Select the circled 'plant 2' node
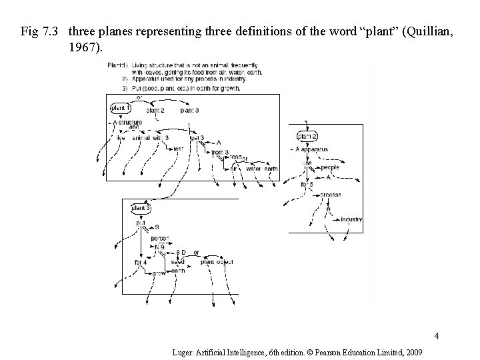click(307, 137)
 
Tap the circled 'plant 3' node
click(141, 209)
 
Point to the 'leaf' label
click(178, 149)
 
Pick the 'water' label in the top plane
click(253, 169)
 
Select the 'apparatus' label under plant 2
click(313, 150)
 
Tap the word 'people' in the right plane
click(329, 167)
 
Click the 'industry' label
click(351, 219)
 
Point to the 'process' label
click(330, 195)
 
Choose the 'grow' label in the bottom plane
click(159, 273)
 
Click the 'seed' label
click(178, 261)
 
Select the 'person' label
click(160, 238)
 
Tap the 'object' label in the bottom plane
click(225, 262)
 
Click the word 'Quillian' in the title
click(409, 31)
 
